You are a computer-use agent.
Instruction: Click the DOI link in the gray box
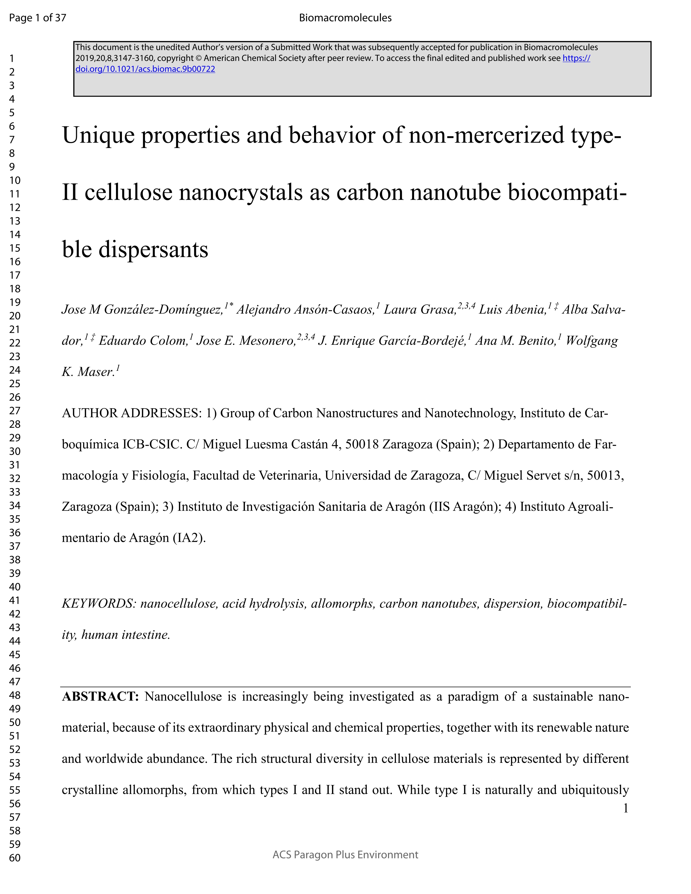(x=145, y=69)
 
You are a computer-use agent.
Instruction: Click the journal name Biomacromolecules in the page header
(x=345, y=18)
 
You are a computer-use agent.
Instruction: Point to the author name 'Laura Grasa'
(x=419, y=309)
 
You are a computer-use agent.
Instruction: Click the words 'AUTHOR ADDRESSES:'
(x=132, y=413)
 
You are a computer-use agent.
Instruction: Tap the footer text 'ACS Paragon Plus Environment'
(x=345, y=855)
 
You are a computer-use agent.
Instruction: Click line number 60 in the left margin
(x=15, y=858)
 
